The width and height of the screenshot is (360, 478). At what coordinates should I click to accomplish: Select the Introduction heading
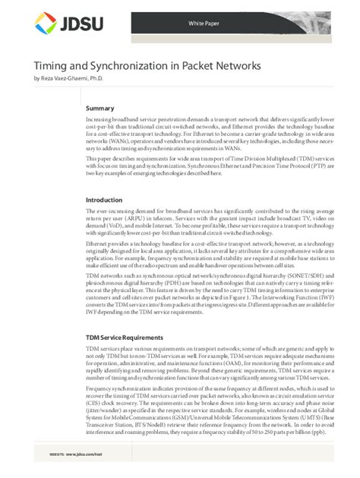click(x=106, y=200)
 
